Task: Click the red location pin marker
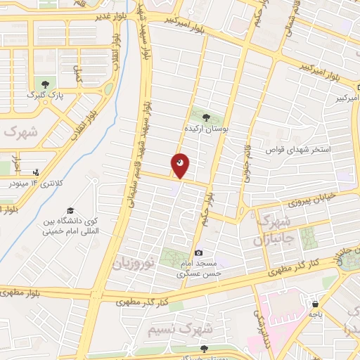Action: (x=180, y=165)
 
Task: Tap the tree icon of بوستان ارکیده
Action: (x=206, y=117)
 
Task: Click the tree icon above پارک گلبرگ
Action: (x=46, y=84)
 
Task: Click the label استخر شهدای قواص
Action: (x=297, y=150)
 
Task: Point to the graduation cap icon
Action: (x=70, y=210)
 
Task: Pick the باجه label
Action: (x=314, y=314)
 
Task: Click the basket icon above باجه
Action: (x=314, y=304)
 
